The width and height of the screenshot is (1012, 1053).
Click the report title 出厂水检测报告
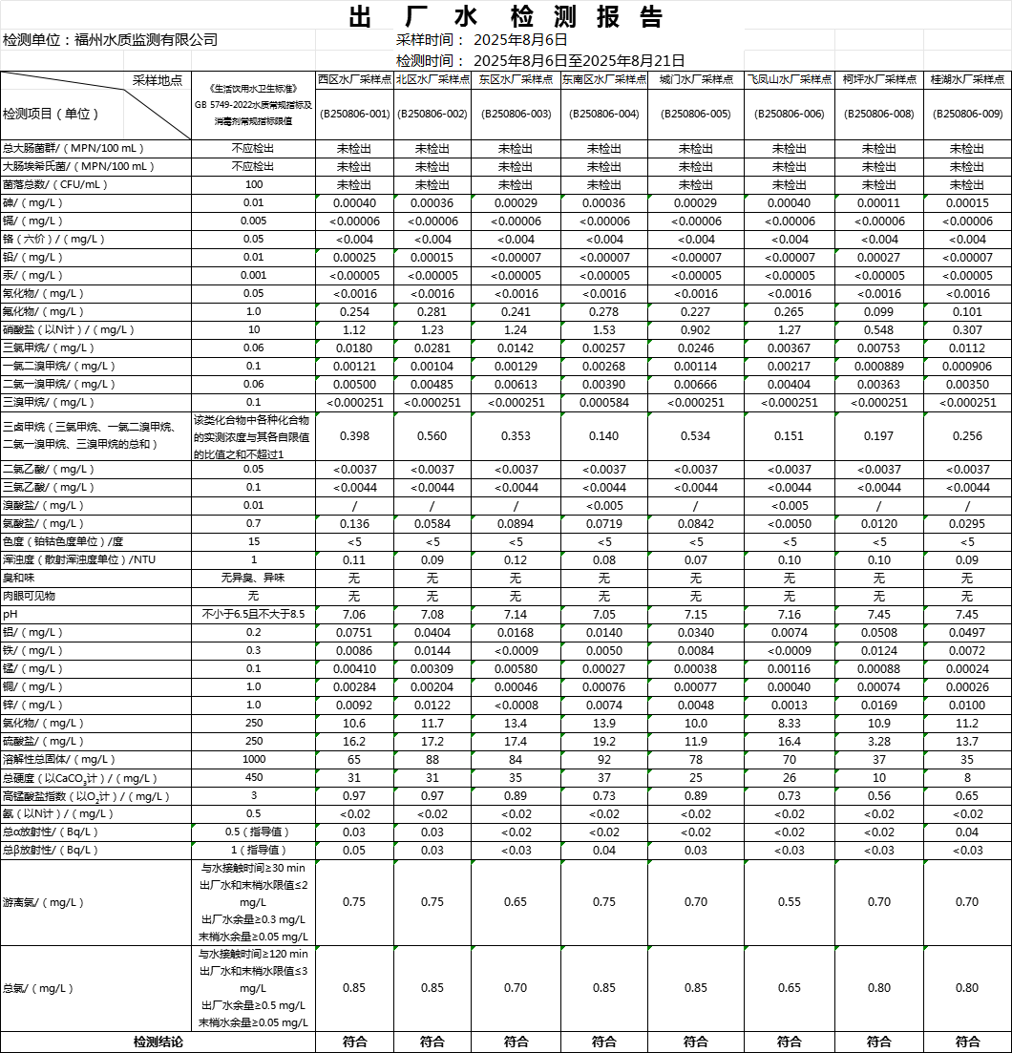point(505,17)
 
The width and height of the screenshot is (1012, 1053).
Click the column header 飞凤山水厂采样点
point(789,80)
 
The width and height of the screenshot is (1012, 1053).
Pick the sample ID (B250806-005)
point(695,114)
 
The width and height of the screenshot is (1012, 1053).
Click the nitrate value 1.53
point(603,329)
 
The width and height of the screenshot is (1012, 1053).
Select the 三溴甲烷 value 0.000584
point(603,402)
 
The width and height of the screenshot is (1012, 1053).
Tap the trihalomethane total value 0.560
point(432,436)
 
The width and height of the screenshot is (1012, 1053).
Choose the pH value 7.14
point(516,614)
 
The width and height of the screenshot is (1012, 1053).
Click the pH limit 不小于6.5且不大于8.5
point(254,614)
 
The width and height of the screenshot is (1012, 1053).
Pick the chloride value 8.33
point(789,723)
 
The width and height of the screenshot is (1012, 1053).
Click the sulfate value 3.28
point(878,741)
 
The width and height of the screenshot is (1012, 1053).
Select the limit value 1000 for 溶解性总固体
point(254,759)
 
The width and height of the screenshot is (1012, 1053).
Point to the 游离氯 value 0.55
point(789,902)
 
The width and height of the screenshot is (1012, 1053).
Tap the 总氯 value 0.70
point(516,988)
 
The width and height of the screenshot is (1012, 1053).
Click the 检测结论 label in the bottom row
point(158,1042)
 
